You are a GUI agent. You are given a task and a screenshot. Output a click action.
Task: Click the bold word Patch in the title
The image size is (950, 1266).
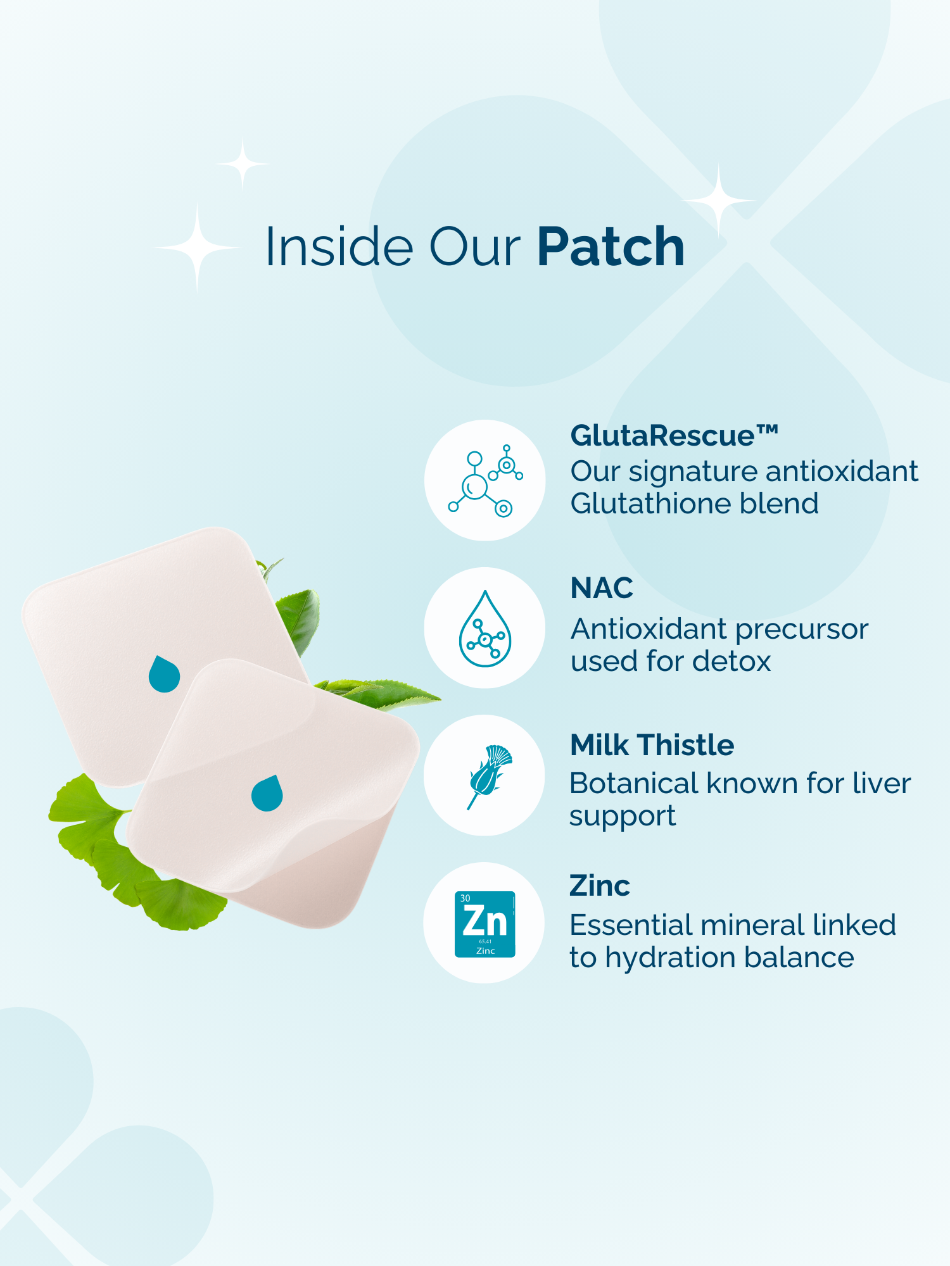coord(611,247)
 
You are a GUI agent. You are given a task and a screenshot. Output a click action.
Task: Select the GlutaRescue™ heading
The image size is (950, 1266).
coord(674,436)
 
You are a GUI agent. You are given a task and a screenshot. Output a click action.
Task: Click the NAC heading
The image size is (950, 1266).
coord(602,588)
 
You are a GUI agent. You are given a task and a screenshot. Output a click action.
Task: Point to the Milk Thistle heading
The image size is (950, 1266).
coord(652,745)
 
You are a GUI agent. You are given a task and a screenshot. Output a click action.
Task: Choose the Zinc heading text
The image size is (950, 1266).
coord(600,886)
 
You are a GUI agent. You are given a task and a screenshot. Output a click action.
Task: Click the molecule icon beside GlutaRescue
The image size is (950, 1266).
coord(485,480)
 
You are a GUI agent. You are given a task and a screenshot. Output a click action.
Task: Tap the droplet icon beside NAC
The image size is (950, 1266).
coord(485,629)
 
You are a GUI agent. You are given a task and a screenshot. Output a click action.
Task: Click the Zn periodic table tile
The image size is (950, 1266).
coord(485,924)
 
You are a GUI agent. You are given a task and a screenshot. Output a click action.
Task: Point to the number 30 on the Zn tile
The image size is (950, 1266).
coord(465,898)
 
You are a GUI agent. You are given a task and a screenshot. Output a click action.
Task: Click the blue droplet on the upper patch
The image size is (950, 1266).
coord(164,674)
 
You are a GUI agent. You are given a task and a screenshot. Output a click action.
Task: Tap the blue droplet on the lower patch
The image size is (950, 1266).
coord(267,793)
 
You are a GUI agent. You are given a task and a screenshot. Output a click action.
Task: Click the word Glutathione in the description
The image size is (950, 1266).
coord(650,504)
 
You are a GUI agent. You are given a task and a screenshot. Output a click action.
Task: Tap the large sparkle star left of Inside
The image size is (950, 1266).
coord(197,248)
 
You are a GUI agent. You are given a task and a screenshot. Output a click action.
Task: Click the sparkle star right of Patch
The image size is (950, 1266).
coord(718,200)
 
